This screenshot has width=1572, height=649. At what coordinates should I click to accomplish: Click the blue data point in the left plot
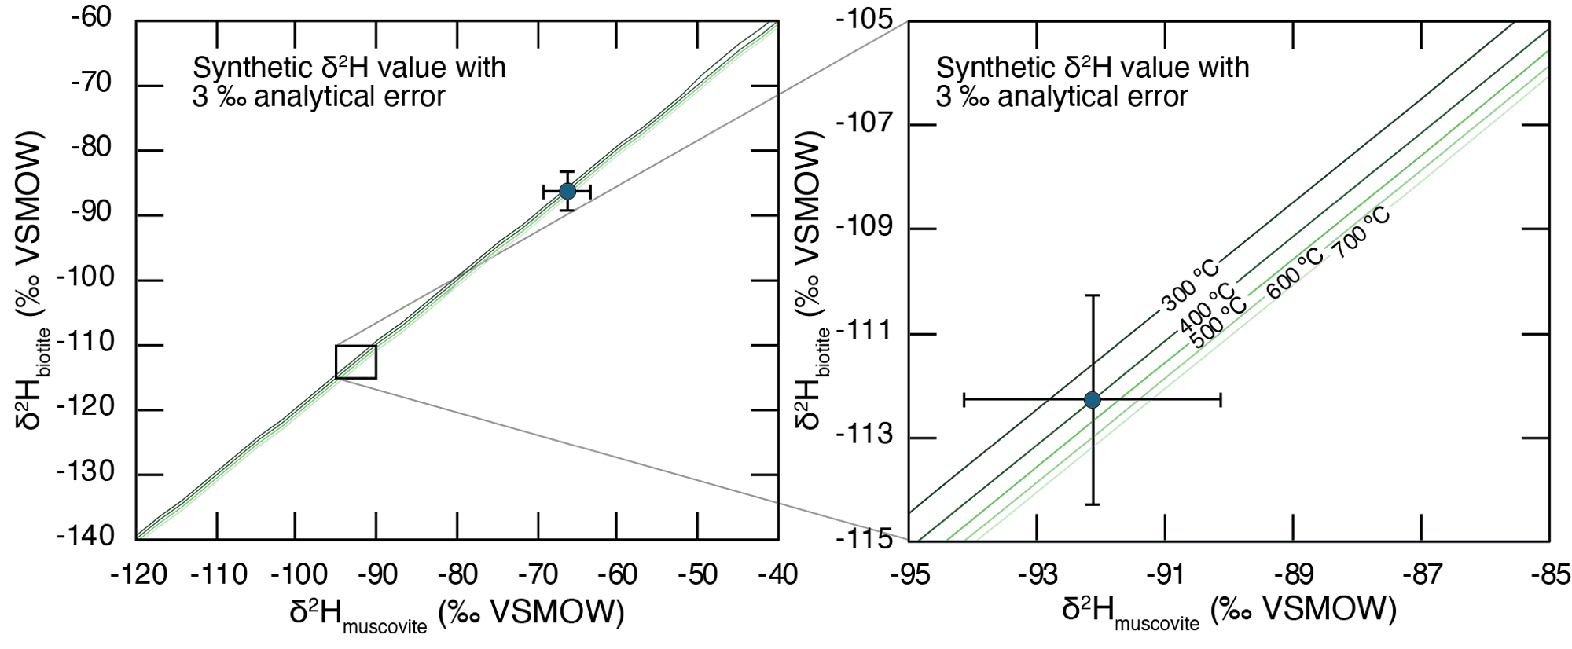[x=567, y=191]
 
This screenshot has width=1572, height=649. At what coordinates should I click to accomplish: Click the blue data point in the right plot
[x=1092, y=400]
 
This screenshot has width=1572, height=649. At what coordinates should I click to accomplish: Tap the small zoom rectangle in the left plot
[x=356, y=362]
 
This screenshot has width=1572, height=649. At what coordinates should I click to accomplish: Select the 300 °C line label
[x=1190, y=284]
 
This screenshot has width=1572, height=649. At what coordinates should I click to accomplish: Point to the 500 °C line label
[x=1218, y=323]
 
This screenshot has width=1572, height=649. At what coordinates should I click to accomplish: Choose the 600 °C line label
[x=1295, y=273]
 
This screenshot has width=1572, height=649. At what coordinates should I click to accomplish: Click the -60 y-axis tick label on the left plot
[x=91, y=17]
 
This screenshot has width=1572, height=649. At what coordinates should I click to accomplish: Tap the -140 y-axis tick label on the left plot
[x=86, y=537]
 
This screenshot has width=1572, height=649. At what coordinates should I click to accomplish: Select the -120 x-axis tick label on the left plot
[x=139, y=575]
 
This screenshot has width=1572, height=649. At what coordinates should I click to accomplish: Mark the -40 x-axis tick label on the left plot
[x=777, y=575]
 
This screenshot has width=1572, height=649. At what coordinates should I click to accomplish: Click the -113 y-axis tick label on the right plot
[x=865, y=434]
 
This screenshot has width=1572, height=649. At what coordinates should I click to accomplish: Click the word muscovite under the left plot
[x=385, y=627]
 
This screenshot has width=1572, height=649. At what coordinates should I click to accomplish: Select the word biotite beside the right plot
[x=822, y=350]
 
